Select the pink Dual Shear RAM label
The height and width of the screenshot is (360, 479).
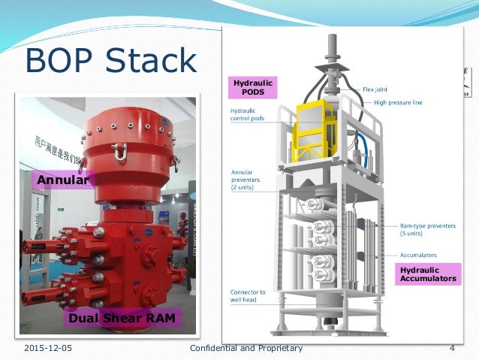(122, 319)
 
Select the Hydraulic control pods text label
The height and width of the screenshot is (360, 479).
(252, 115)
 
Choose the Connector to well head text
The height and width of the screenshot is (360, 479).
(249, 295)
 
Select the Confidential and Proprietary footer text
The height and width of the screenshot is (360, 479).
(246, 348)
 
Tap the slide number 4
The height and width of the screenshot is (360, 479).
(452, 348)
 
